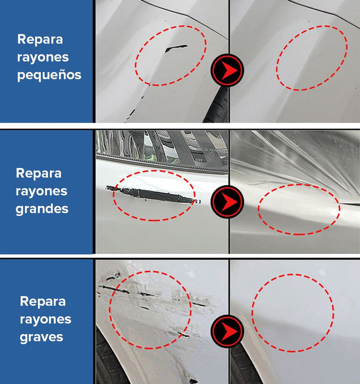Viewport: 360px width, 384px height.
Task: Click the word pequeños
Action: pyautogui.click(x=49, y=75)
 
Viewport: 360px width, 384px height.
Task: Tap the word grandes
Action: pyautogui.click(x=42, y=209)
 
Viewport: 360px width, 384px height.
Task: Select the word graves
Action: pyautogui.click(x=41, y=337)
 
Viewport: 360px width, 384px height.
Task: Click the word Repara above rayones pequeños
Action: pyautogui.click(x=40, y=39)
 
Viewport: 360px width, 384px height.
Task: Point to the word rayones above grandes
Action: pyautogui.click(x=41, y=191)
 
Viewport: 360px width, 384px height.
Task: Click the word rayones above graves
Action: pyautogui.click(x=45, y=319)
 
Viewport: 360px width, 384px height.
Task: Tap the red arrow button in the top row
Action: pyautogui.click(x=227, y=70)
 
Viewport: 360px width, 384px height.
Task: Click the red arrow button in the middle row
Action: pyautogui.click(x=227, y=201)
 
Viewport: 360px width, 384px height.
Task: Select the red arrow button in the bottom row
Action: pyautogui.click(x=227, y=331)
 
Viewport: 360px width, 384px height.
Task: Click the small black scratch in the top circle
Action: pyautogui.click(x=176, y=48)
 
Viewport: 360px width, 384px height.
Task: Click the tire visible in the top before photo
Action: pyautogui.click(x=217, y=105)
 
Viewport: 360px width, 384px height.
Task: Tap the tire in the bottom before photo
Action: pyautogui.click(x=108, y=360)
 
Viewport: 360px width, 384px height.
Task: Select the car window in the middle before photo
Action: pyautogui.click(x=162, y=147)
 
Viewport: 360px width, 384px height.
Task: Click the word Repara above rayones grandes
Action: pyautogui.click(x=38, y=174)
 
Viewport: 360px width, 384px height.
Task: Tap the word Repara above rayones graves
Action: pyautogui.click(x=42, y=301)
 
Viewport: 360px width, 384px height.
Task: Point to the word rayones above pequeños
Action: pyautogui.click(x=43, y=57)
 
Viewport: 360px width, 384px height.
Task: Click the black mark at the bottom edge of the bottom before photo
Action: pyautogui.click(x=193, y=381)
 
